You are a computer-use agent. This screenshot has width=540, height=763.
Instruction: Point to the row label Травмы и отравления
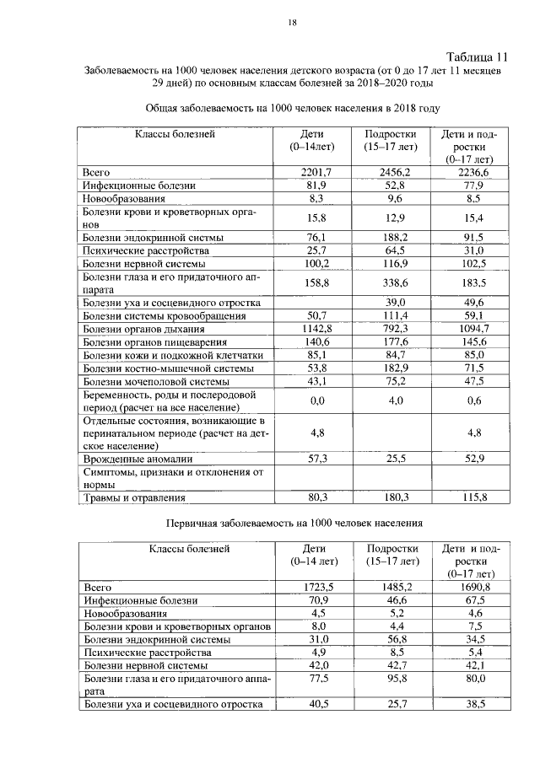coord(135,497)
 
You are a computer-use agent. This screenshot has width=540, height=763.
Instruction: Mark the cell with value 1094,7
coord(464,328)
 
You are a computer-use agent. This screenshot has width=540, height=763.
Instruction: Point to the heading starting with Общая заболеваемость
coord(294,109)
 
